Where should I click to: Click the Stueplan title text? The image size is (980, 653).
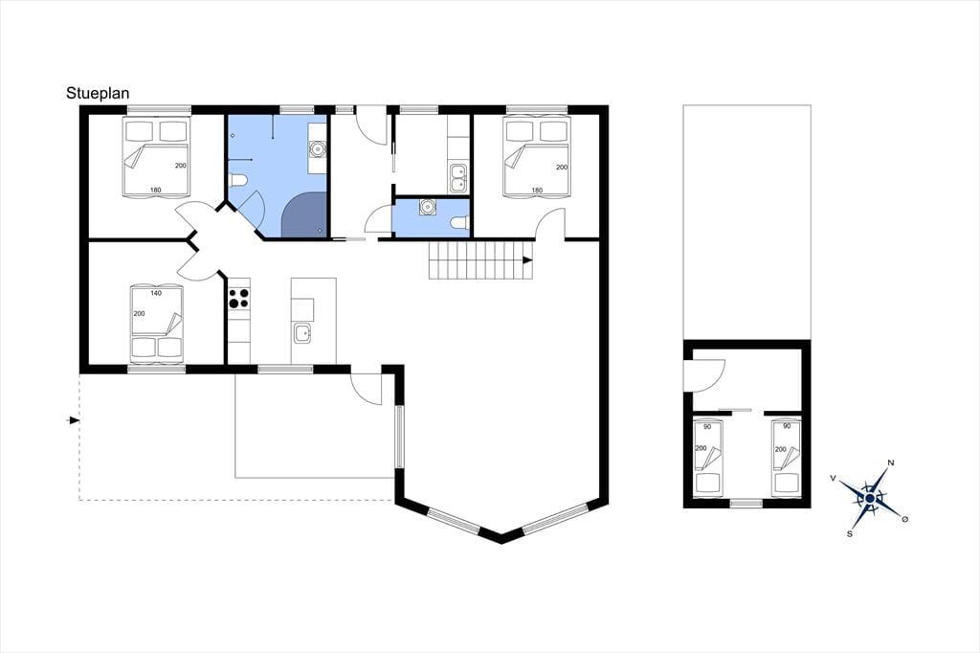98,93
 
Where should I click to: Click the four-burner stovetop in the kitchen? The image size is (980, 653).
238,298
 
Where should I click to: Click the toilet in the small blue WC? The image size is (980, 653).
458,222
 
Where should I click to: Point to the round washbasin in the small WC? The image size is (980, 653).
428,206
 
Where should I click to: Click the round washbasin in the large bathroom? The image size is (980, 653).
318,149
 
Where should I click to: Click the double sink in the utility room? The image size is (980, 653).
458,178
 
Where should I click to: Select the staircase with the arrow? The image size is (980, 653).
480,260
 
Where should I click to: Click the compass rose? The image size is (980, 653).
869,497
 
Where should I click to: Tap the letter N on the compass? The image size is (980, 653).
891,462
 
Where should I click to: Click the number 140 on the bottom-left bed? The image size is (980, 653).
156,293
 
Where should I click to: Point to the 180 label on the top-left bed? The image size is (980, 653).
156,191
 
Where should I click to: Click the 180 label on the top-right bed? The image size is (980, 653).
537,191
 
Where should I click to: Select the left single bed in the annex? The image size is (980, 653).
708,458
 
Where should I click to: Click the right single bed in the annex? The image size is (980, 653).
786,458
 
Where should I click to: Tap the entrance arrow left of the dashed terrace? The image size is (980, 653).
73,420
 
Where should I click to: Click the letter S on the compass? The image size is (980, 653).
850,533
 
